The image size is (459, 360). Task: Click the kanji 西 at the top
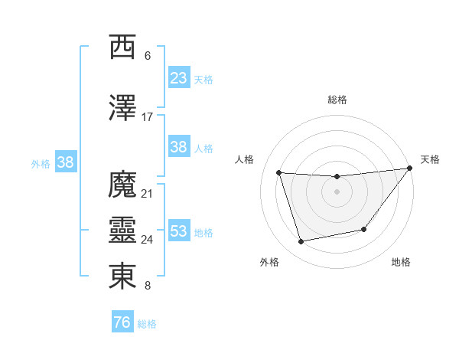[123, 47]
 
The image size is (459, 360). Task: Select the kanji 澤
[123, 108]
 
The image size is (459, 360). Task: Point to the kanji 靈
[123, 231]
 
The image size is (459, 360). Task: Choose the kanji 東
[123, 277]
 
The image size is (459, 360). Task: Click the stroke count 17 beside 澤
[148, 116]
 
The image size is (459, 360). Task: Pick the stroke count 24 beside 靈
[148, 240]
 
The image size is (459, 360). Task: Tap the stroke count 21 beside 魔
[148, 193]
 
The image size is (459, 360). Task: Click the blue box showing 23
[179, 78]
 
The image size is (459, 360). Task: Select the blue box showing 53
[179, 231]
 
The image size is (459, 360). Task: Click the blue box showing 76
[122, 322]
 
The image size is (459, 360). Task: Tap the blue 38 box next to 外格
[65, 162]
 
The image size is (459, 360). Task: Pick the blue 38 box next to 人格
[179, 147]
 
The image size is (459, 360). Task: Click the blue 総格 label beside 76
[147, 324]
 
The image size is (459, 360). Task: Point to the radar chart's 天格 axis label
[431, 159]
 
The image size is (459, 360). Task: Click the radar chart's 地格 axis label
[401, 262]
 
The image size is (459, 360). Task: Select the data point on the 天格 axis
[409, 169]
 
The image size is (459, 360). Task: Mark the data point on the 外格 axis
[301, 242]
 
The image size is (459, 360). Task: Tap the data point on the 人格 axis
[279, 173]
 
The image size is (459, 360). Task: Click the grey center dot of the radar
[337, 191]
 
